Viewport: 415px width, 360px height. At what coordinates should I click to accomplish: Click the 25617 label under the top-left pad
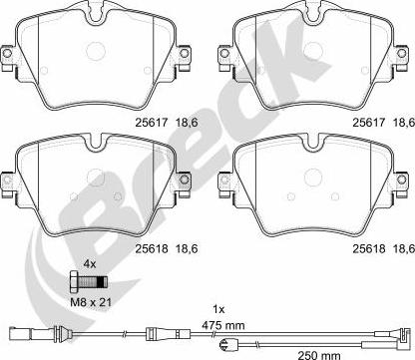coord(151,123)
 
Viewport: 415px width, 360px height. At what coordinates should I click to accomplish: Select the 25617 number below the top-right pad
coord(369,123)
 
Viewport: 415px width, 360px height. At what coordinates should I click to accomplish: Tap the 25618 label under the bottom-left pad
coord(151,248)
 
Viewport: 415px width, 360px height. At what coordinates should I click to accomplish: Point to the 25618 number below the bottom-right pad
coord(369,248)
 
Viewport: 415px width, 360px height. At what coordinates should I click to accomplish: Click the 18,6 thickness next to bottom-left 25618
coord(187,248)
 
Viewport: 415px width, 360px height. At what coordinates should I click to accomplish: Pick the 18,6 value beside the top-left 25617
coord(187,123)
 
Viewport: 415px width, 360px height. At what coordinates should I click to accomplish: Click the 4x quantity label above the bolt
coord(89,264)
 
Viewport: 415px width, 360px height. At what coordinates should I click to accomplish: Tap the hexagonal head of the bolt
coord(74,283)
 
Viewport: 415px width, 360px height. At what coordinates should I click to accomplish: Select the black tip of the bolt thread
coord(104,283)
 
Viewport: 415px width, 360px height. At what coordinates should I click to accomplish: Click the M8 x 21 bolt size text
coord(91,302)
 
